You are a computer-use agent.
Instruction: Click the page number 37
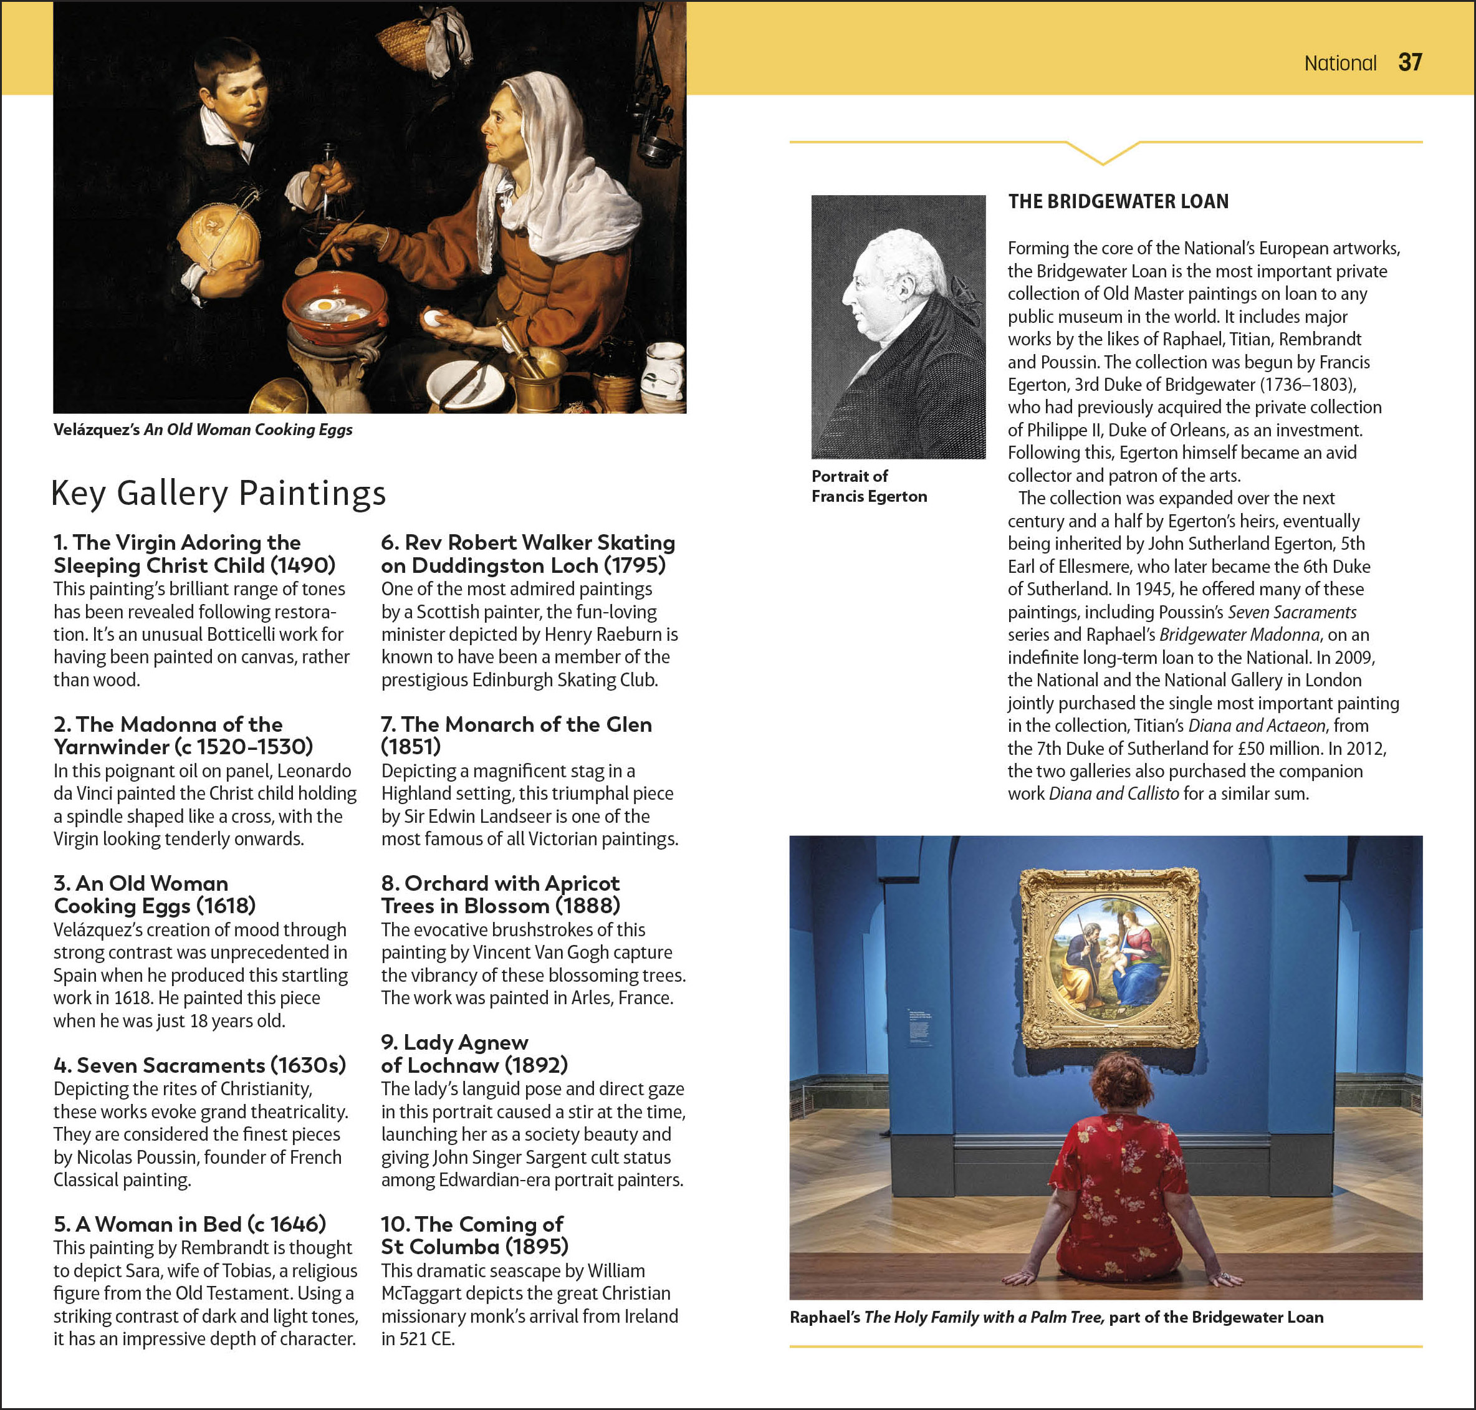pyautogui.click(x=1410, y=62)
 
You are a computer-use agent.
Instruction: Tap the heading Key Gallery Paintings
pyautogui.click(x=218, y=493)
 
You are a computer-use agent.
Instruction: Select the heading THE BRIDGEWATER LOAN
pyautogui.click(x=1118, y=201)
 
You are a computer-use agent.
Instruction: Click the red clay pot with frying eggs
pyautogui.click(x=335, y=307)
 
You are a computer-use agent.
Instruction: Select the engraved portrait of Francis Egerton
pyautogui.click(x=898, y=327)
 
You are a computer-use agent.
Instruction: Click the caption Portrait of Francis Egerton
pyautogui.click(x=869, y=486)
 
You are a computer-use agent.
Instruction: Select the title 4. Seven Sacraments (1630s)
pyautogui.click(x=200, y=1065)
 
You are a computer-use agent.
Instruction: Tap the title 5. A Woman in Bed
pyautogui.click(x=189, y=1224)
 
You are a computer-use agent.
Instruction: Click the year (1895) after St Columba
pyautogui.click(x=537, y=1247)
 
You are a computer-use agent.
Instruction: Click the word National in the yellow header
pyautogui.click(x=1340, y=63)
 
